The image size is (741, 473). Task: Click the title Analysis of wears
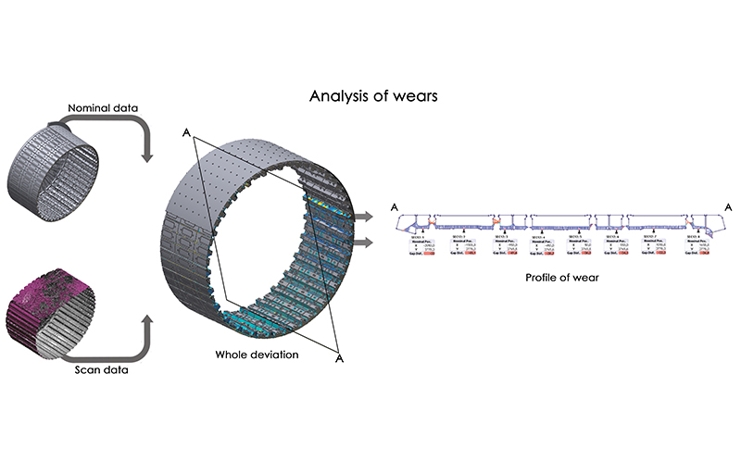370,94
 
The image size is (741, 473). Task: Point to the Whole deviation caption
257,355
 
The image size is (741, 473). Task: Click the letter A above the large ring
187,135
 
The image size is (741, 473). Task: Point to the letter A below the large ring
340,357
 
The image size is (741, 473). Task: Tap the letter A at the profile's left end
396,206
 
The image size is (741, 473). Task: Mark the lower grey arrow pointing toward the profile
366,243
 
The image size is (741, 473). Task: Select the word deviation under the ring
275,355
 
